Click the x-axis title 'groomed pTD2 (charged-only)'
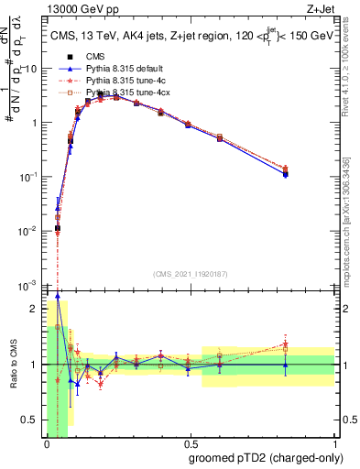(266, 458)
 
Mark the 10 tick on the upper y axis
(32, 69)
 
